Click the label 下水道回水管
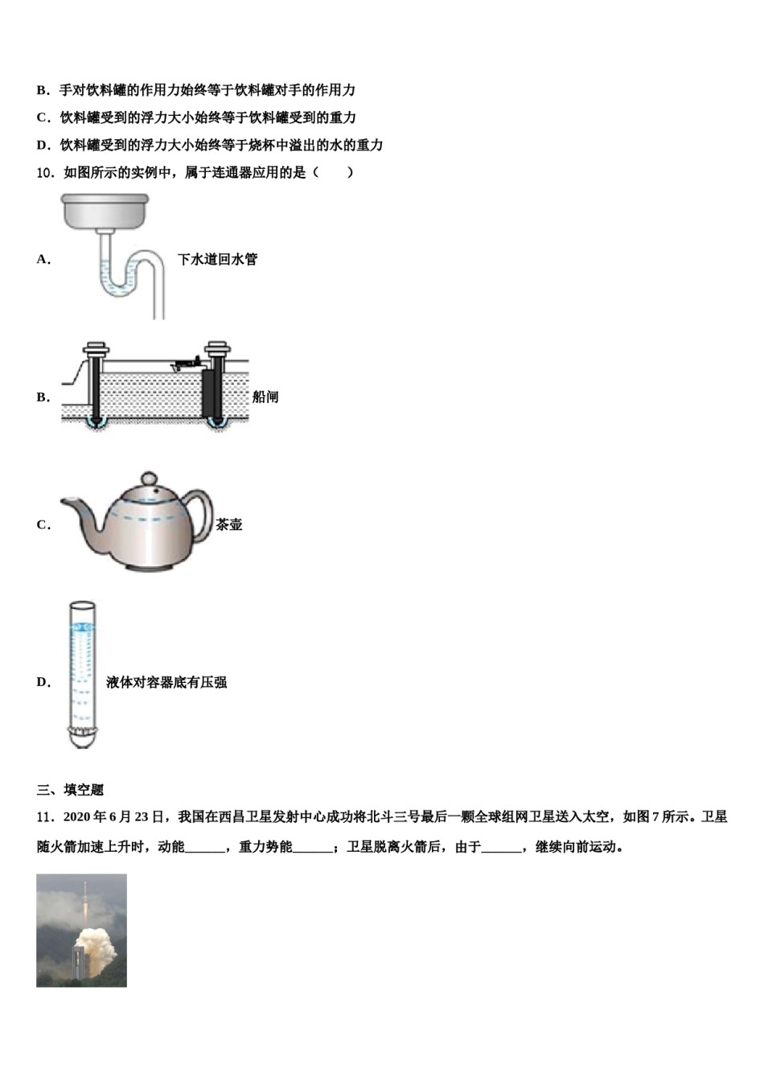pos(217,259)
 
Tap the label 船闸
pos(265,397)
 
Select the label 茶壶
pos(228,524)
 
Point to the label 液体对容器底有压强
pos(166,682)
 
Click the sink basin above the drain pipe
pos(105,210)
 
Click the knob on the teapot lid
pos(150,479)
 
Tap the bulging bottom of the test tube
pos(82,735)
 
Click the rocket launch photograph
pos(81,930)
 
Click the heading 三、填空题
pos(70,790)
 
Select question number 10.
pos(46,172)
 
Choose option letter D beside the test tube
pos(43,682)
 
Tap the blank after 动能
pos(205,847)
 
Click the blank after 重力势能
pos(313,847)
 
